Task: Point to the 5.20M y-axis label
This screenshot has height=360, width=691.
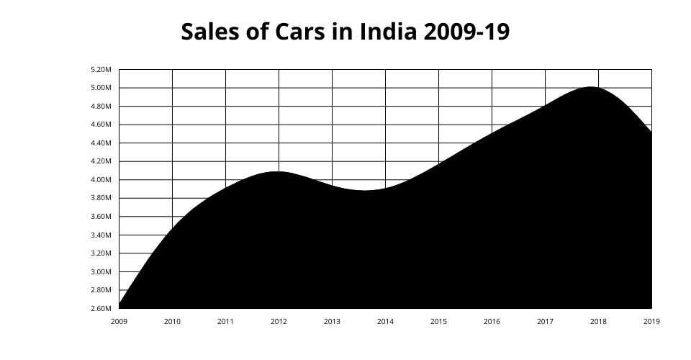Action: tap(101, 70)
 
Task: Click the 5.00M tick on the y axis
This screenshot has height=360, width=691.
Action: tap(101, 88)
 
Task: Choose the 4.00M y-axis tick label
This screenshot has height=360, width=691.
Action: tap(101, 180)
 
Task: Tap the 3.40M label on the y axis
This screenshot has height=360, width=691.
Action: tap(101, 235)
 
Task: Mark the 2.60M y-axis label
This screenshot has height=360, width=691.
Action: tap(101, 309)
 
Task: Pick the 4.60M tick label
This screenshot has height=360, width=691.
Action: tap(101, 125)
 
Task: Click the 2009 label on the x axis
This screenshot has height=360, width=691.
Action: tap(119, 322)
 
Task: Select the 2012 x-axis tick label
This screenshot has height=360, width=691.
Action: tap(279, 322)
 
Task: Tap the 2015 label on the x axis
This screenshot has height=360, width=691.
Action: tap(438, 322)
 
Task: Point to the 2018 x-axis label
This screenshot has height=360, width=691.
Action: tap(598, 322)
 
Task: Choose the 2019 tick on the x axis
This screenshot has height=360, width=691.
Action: tap(651, 322)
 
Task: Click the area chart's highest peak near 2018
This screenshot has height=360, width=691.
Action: tap(591, 87)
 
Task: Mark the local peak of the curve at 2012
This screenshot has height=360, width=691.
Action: tap(278, 171)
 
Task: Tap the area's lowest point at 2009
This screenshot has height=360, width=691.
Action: tap(119, 305)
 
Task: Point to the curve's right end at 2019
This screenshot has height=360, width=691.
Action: tap(651, 132)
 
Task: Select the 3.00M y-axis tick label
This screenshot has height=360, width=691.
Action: tap(101, 272)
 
